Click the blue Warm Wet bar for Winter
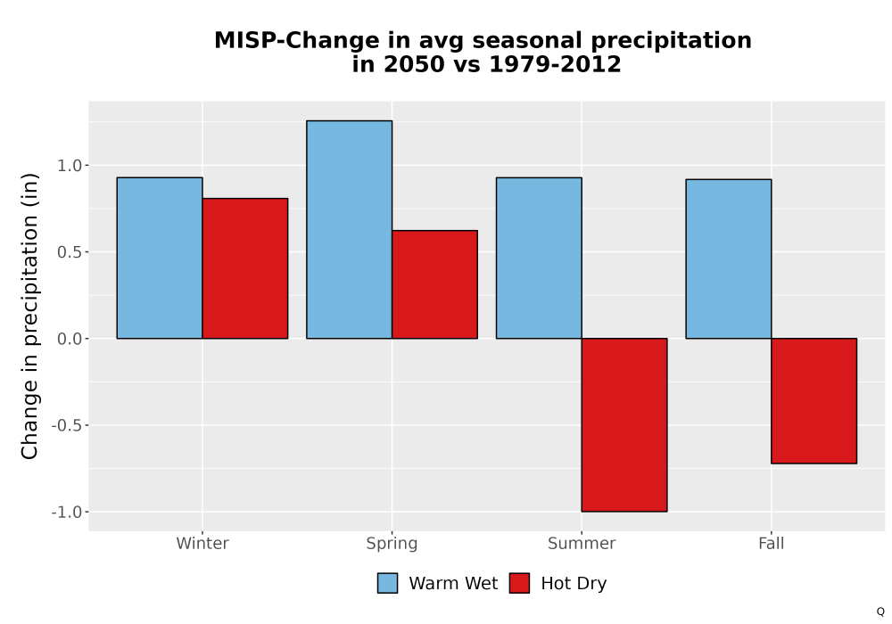[x=160, y=258]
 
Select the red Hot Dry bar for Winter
[x=245, y=268]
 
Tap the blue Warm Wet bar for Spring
[x=350, y=230]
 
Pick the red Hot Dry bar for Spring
[x=434, y=284]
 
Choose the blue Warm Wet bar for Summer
[x=539, y=258]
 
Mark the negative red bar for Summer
[x=624, y=425]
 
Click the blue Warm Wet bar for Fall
[x=729, y=259]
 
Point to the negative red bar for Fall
[x=814, y=400]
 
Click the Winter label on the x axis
[x=202, y=543]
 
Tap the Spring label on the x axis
[x=392, y=544]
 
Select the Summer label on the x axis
[x=582, y=543]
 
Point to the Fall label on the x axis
[x=772, y=543]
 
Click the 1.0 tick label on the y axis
[x=70, y=166]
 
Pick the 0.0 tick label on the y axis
[x=70, y=339]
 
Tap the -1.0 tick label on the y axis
[x=67, y=512]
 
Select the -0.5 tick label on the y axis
[x=67, y=425]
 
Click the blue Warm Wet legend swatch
[x=387, y=583]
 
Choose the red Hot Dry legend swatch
[x=519, y=583]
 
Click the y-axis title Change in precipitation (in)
[x=29, y=316]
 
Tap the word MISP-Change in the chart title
[x=296, y=40]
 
